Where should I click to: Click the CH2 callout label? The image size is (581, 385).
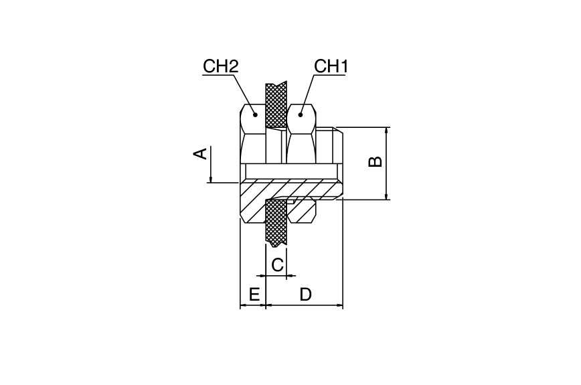click(220, 67)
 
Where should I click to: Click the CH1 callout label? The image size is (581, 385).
click(331, 67)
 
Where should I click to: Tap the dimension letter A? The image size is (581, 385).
click(200, 153)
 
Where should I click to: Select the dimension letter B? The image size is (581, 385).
click(375, 161)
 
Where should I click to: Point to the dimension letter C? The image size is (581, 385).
click(277, 265)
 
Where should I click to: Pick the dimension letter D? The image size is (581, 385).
click(306, 295)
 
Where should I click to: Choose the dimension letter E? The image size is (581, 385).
click(254, 295)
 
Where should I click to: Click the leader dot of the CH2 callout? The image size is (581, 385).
click(255, 115)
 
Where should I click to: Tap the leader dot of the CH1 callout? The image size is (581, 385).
click(301, 115)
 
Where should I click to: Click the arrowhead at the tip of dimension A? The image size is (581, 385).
click(210, 179)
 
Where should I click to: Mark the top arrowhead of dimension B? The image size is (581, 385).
click(386, 131)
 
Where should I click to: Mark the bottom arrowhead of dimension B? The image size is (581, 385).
click(386, 196)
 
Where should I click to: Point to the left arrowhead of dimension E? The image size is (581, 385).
click(244, 305)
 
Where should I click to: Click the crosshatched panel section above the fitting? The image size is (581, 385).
click(276, 105)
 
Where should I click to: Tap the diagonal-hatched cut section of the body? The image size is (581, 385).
click(282, 196)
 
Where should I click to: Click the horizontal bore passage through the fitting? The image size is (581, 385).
click(291, 171)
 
